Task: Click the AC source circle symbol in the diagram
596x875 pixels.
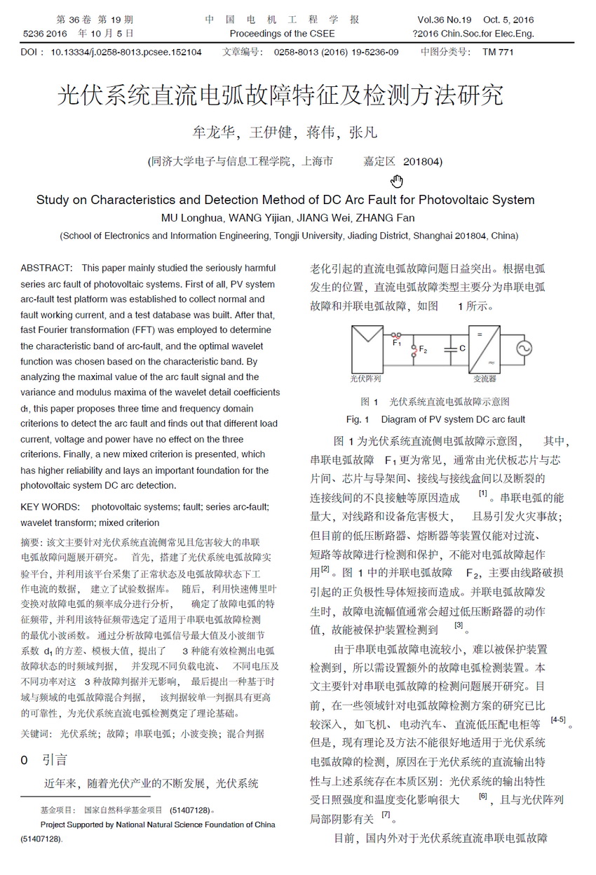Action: pyautogui.click(x=525, y=348)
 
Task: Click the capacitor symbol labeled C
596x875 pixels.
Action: pyautogui.click(x=453, y=348)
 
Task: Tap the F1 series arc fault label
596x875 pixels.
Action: pyautogui.click(x=397, y=343)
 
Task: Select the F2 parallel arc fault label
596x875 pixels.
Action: pyautogui.click(x=423, y=350)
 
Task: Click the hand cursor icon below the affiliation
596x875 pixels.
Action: pyautogui.click(x=397, y=182)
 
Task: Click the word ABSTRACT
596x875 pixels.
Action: pyautogui.click(x=46, y=268)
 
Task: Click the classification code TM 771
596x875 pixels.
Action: pyautogui.click(x=498, y=52)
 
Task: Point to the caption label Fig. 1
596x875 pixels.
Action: pyautogui.click(x=358, y=419)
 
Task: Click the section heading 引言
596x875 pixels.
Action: pyautogui.click(x=55, y=760)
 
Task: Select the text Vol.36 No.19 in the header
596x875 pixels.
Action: pyautogui.click(x=449, y=20)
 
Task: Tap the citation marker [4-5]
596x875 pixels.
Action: pyautogui.click(x=558, y=720)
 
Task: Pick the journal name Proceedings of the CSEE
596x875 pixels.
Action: pyautogui.click(x=283, y=33)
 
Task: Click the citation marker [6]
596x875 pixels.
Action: pyautogui.click(x=482, y=796)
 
